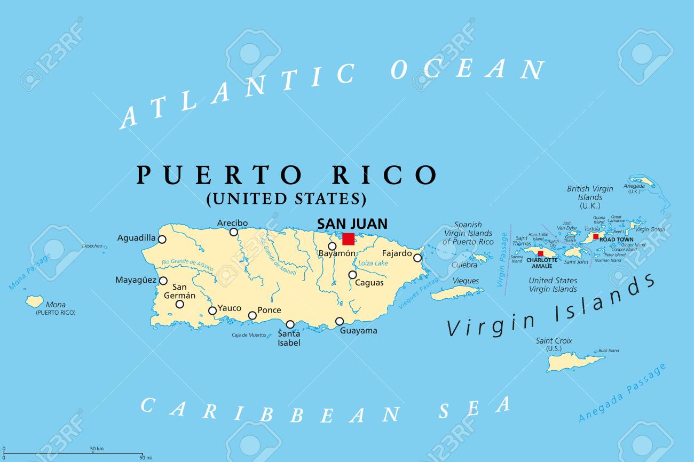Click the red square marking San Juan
348,239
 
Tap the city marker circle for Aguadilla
162,240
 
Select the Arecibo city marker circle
233,232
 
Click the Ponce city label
269,310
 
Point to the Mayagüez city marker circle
163,281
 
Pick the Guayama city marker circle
340,321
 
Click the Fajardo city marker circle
417,258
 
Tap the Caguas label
369,283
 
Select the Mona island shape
35,302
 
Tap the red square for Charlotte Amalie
540,254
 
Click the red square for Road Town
596,236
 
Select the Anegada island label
634,186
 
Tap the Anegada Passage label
622,393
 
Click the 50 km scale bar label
97,448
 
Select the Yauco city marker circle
212,310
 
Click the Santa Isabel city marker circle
290,324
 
